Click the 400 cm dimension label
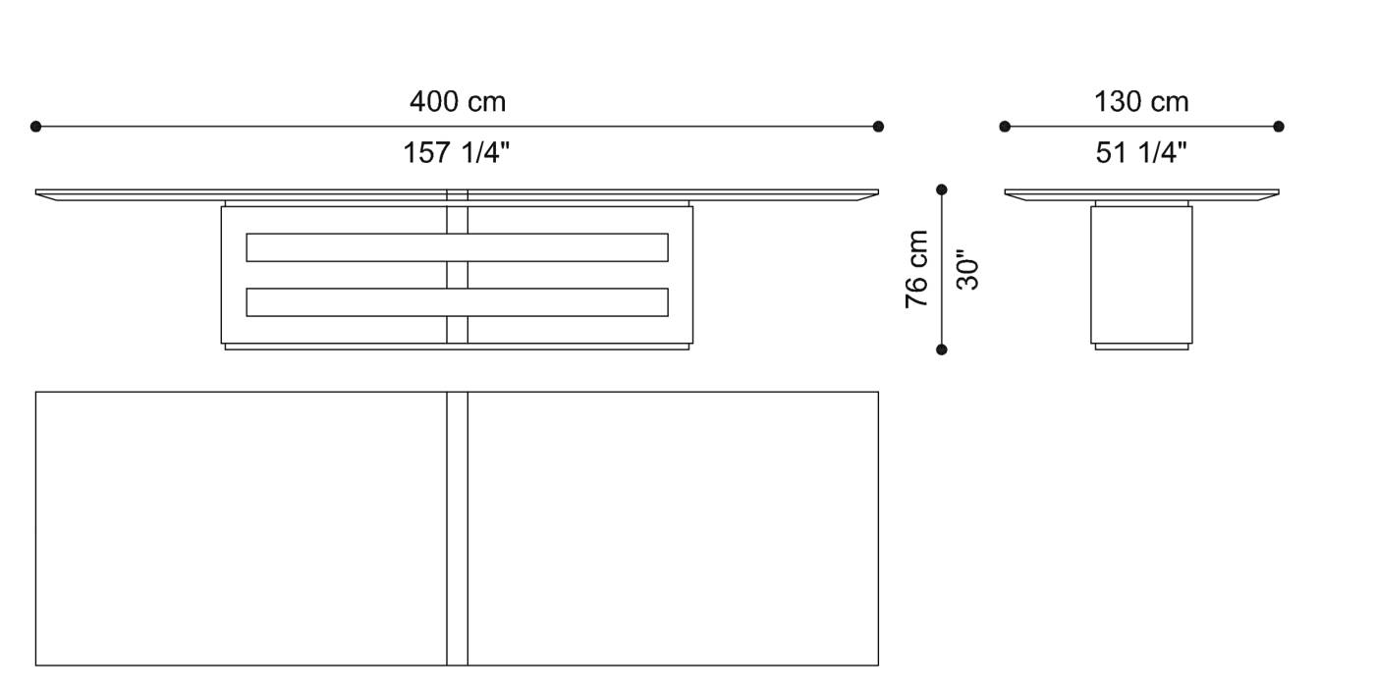tap(457, 102)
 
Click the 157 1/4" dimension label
tap(457, 153)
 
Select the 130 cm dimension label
tap(1141, 102)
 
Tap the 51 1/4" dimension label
tap(1141, 153)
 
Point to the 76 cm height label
tap(917, 269)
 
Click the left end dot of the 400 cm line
tap(36, 127)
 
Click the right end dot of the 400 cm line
tap(878, 127)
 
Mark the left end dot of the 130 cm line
tap(1005, 127)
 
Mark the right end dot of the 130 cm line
tap(1279, 127)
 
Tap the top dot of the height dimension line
tap(942, 189)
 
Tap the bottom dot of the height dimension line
tap(942, 349)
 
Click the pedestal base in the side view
tap(1141, 275)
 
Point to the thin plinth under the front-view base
tap(457, 347)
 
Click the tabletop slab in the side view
tap(1141, 193)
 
